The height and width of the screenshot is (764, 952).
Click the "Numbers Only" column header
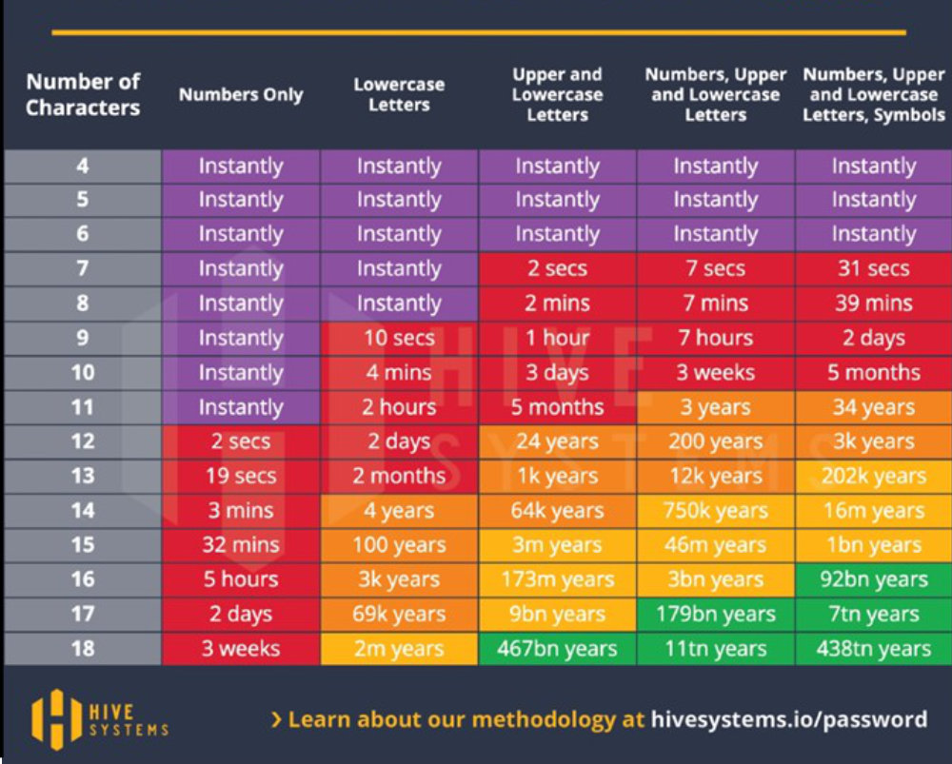coord(241,95)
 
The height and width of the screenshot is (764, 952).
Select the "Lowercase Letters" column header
coord(399,94)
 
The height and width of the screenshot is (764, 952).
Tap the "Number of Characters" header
coord(83,94)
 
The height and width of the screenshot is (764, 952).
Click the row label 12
coord(83,441)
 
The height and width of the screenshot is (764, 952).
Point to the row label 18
coord(83,649)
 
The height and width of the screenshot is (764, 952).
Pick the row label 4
coord(83,166)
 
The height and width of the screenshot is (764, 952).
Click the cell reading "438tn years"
coord(873,649)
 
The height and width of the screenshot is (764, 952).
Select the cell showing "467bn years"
coord(557,649)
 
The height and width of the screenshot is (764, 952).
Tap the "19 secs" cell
coord(241,476)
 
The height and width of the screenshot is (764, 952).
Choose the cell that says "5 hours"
coord(241,579)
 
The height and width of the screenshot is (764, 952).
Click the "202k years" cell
coord(873,476)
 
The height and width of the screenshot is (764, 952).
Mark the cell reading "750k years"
coord(715,511)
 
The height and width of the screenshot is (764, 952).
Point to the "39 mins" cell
coord(873,304)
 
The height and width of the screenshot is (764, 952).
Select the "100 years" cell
coord(399,545)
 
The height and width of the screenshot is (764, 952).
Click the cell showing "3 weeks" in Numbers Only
coord(241,649)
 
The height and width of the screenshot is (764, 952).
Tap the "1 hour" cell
coord(557,338)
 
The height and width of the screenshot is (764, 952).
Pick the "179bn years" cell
coord(715,615)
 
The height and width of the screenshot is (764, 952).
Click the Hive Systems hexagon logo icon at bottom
coord(53,718)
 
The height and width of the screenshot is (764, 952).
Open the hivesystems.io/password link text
coord(788,719)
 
